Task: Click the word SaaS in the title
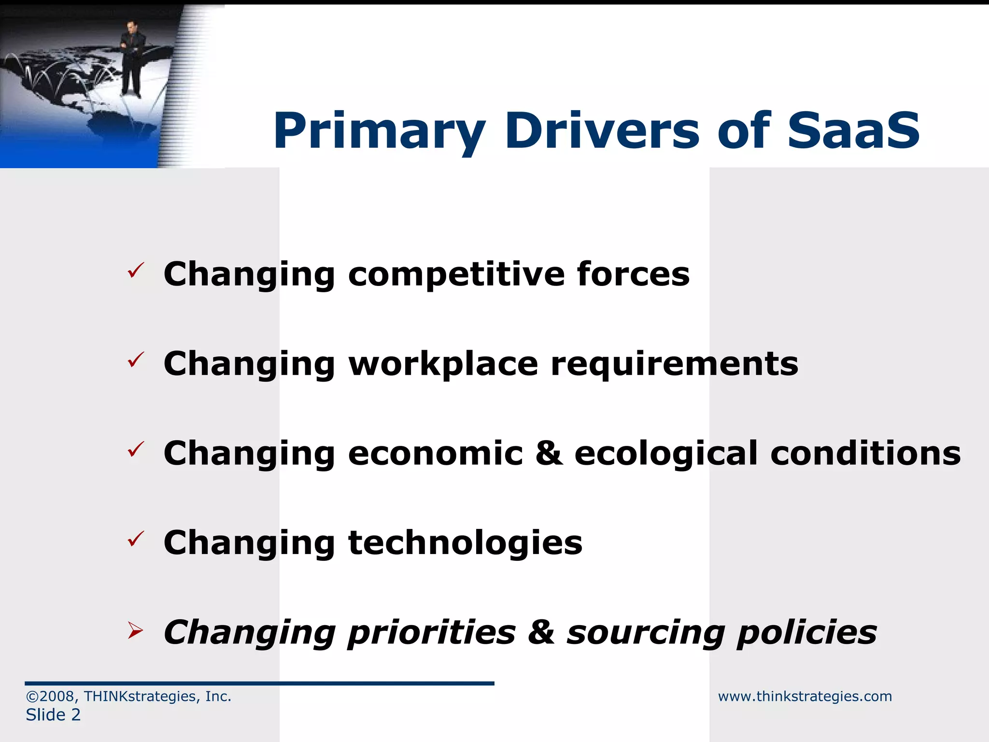[x=854, y=130]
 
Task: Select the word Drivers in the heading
[x=602, y=130]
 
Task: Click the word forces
[x=633, y=274]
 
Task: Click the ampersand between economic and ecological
[x=549, y=454]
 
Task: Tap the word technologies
[x=465, y=543]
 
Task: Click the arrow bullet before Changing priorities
[x=136, y=630]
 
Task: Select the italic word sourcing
[x=646, y=633]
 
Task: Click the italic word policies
[x=806, y=633]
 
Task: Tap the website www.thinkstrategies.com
[x=805, y=696]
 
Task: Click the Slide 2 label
[x=53, y=714]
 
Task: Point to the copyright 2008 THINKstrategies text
[x=128, y=696]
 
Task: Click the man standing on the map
[x=130, y=58]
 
